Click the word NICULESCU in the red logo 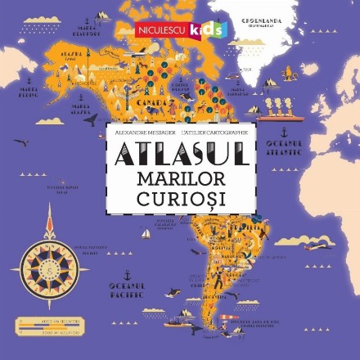click(x=160, y=31)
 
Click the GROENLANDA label click(x=259, y=20)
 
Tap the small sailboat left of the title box click(x=146, y=234)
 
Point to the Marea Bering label click(x=28, y=93)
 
